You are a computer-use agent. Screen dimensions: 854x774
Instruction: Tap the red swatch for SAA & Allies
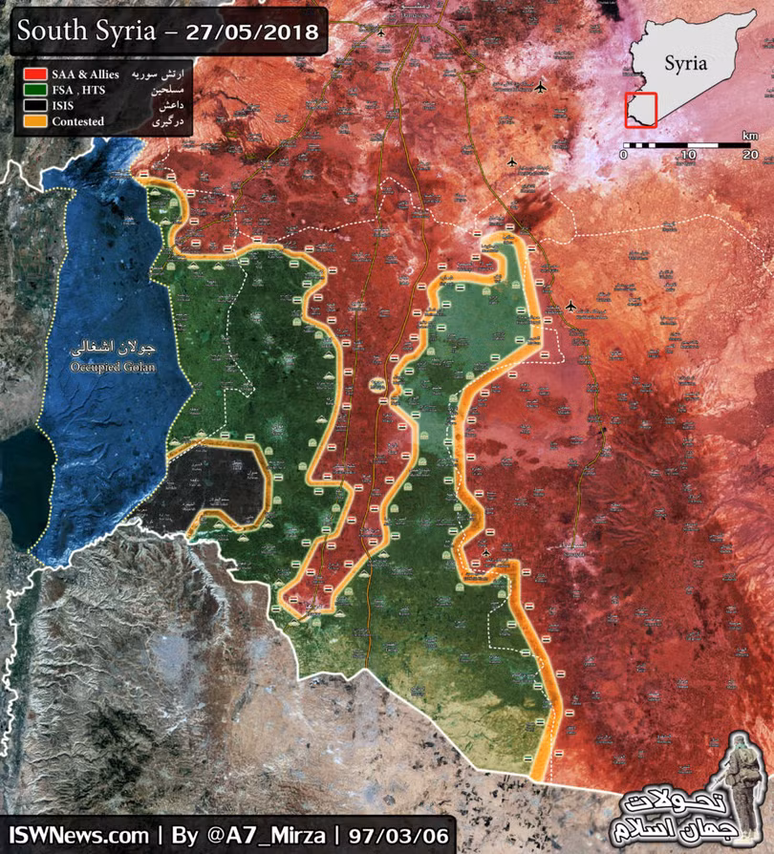click(35, 73)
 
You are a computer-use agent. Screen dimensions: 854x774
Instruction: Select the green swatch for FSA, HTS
click(35, 89)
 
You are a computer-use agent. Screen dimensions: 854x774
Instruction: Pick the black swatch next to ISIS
click(35, 105)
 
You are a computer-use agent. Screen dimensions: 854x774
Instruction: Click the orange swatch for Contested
click(35, 121)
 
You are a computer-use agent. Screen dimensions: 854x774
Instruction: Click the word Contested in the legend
click(79, 121)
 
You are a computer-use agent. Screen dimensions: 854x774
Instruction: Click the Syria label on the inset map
click(686, 64)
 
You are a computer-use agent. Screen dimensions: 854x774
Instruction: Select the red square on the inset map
click(640, 109)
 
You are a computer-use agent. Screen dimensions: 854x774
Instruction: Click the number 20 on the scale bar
click(750, 156)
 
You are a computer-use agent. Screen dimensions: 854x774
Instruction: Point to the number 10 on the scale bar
click(687, 156)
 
